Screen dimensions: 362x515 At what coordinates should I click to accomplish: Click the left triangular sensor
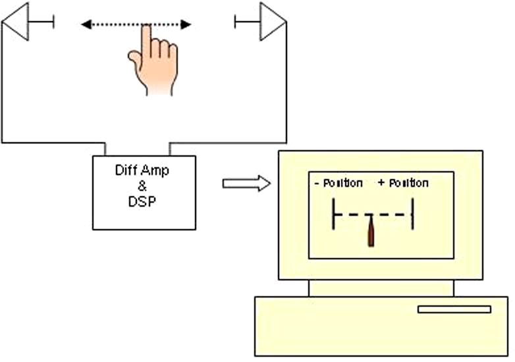18,22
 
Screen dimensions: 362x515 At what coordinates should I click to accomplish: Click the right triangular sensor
271,22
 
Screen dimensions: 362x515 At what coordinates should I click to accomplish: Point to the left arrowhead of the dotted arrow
86,25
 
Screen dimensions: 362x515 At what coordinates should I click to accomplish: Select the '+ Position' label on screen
403,183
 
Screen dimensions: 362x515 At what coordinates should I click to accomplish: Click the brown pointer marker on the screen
371,234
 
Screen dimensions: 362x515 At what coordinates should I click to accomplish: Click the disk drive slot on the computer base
454,309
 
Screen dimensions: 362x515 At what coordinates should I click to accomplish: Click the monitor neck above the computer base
381,288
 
